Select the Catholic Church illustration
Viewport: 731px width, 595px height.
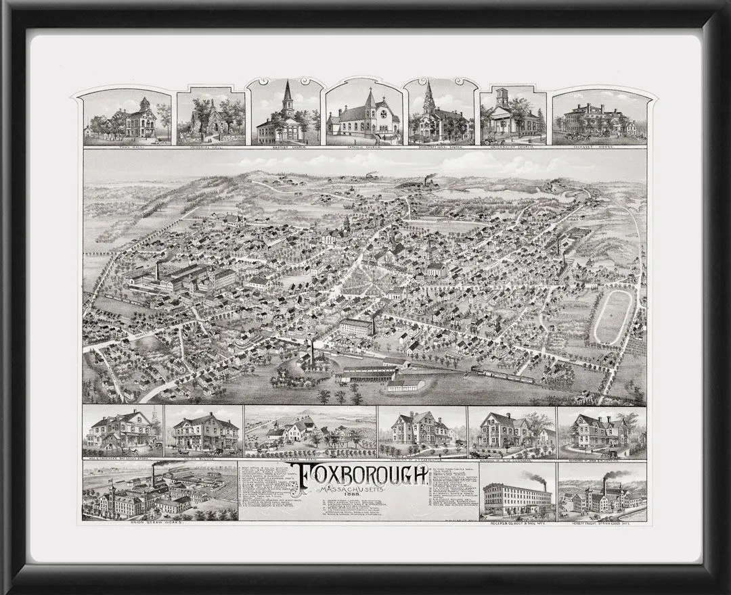(x=363, y=116)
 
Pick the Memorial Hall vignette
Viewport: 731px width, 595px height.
(x=211, y=119)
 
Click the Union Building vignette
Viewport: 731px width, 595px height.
(x=204, y=433)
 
